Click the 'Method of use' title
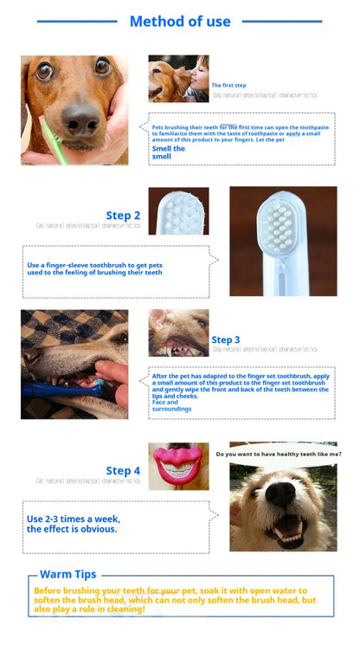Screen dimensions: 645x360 [180, 22]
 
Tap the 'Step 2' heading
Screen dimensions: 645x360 [123, 216]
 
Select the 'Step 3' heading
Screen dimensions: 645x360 [226, 340]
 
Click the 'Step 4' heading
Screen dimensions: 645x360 [123, 471]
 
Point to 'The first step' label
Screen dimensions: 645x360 [229, 85]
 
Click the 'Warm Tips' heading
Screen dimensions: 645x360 [68, 574]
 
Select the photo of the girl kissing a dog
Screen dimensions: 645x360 [178, 79]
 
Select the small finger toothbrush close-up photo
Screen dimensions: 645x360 [178, 210]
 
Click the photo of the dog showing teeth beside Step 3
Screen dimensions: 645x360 [178, 333]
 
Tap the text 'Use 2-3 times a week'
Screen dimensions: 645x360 [74, 519]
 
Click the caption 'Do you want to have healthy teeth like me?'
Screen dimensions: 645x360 [278, 454]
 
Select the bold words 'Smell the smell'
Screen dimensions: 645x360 [168, 152]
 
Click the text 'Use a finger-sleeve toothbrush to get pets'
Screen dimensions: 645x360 [93, 265]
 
